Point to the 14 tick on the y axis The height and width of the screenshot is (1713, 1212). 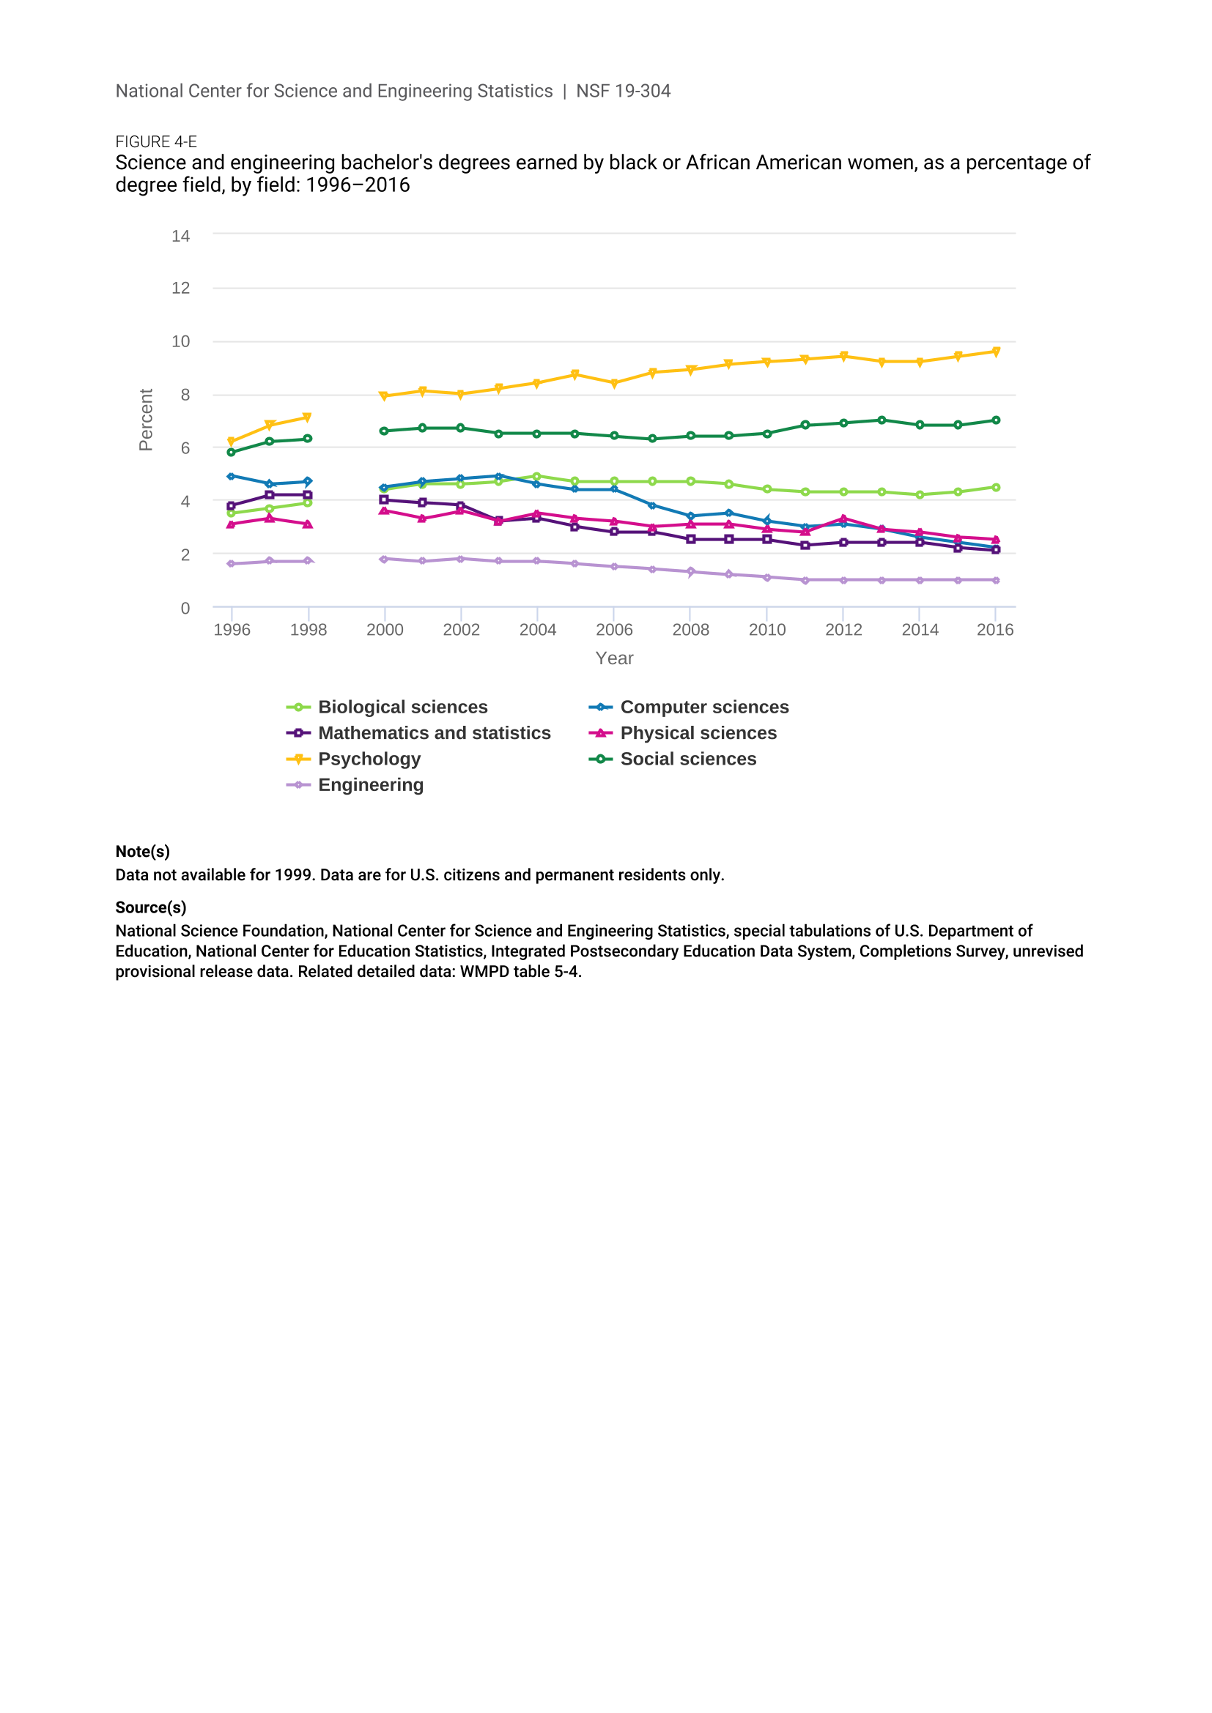point(180,236)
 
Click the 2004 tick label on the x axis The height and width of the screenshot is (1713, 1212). point(537,630)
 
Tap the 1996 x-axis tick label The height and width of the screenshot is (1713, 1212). point(232,630)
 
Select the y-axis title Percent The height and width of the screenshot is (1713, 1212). point(146,420)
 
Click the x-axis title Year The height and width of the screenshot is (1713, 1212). point(614,658)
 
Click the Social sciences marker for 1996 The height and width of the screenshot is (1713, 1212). point(232,452)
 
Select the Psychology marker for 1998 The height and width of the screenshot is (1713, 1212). point(308,417)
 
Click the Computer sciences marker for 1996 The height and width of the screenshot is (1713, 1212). point(232,476)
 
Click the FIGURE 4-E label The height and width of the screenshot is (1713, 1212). point(156,142)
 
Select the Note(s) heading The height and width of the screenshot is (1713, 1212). point(143,851)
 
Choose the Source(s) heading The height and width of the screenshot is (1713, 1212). point(151,907)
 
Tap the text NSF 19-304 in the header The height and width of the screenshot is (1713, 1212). point(623,91)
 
